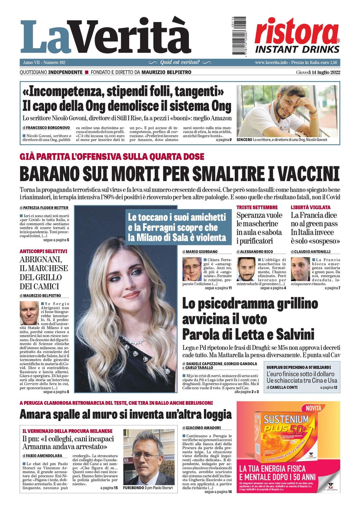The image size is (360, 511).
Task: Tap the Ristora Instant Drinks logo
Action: pyautogui.click(x=297, y=36)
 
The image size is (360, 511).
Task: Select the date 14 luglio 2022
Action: pyautogui.click(x=318, y=72)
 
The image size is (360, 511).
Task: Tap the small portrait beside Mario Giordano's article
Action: pyautogui.click(x=192, y=269)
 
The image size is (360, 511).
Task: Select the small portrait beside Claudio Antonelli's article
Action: pyautogui.click(x=300, y=269)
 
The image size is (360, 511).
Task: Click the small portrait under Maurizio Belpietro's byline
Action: pyautogui.click(x=29, y=313)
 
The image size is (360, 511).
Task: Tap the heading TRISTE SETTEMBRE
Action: pyautogui.click(x=257, y=208)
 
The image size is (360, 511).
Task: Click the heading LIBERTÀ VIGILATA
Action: pyautogui.click(x=310, y=208)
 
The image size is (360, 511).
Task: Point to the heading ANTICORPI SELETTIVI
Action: pyautogui.click(x=43, y=251)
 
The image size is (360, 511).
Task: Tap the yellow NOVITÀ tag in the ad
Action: pyautogui.click(x=313, y=408)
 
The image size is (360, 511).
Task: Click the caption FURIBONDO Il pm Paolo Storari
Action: pyautogui.click(x=148, y=488)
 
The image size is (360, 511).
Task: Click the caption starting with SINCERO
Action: pyautogui.click(x=281, y=140)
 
